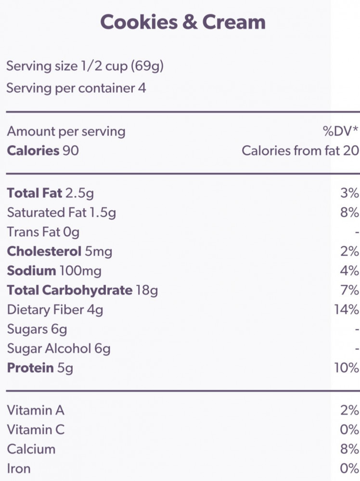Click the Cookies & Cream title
pos(182,22)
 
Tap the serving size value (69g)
pos(147,66)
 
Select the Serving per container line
pos(76,89)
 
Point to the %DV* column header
pos(341,131)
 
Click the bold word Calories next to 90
pos(33,151)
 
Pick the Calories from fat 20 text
pos(300,151)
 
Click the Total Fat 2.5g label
pos(50,193)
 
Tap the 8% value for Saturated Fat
pos(349,213)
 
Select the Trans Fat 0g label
pos(43,232)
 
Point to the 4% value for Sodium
pos(349,270)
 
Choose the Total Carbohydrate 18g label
pos(82,290)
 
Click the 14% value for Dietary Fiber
pos(347,309)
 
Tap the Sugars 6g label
pos(37,329)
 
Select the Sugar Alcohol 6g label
pos(58,348)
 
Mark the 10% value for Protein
pos(347,368)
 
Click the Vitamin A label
pos(36,410)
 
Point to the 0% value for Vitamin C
pos(349,430)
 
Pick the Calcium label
pos(31,449)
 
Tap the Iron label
pos(18,468)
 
